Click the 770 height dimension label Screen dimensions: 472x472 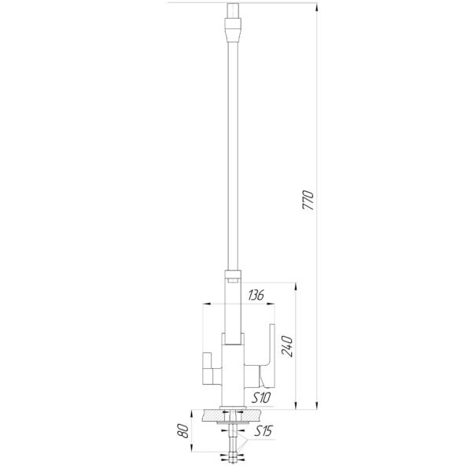[x=308, y=200]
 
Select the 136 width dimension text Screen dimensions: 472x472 [x=256, y=295]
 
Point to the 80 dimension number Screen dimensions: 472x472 [x=184, y=431]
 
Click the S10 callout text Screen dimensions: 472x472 [x=261, y=398]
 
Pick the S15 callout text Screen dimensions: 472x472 [x=263, y=431]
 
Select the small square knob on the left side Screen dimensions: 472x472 [x=208, y=360]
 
